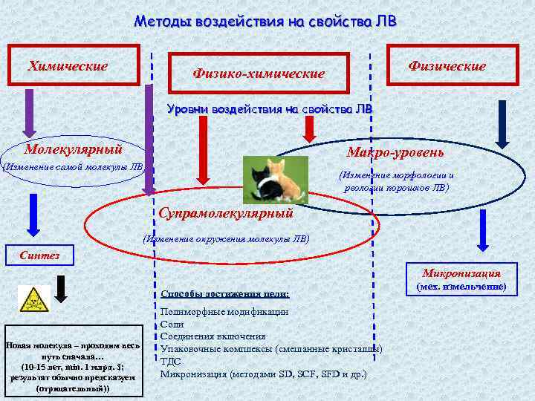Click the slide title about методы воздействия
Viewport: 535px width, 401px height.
coord(265,21)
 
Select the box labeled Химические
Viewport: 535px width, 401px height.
coord(72,65)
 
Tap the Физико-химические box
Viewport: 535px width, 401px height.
coord(259,74)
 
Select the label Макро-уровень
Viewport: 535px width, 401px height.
coord(395,152)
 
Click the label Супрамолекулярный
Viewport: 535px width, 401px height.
coord(226,213)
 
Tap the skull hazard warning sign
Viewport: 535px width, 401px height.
coord(31,299)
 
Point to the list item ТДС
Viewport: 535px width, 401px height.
coord(171,362)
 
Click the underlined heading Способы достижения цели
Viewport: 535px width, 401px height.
coord(224,294)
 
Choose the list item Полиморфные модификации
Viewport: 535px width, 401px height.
coord(224,312)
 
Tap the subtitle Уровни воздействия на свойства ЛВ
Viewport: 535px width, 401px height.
coord(270,109)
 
